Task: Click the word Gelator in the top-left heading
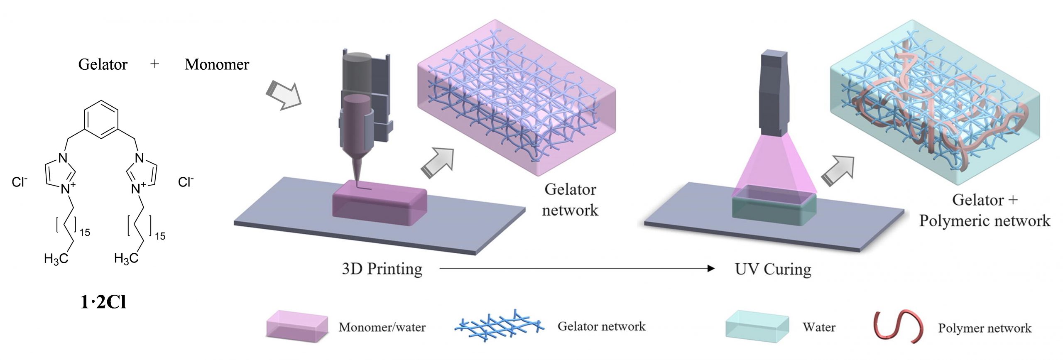[103, 64]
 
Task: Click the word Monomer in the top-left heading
[217, 64]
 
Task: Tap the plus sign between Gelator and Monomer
[154, 64]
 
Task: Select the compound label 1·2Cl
[103, 302]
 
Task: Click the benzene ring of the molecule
[101, 120]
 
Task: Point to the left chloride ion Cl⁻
[20, 182]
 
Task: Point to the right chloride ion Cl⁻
[186, 182]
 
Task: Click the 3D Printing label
[382, 269]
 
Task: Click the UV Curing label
[773, 269]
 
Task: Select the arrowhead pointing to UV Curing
[710, 269]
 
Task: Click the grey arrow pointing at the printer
[284, 96]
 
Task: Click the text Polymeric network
[984, 221]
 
